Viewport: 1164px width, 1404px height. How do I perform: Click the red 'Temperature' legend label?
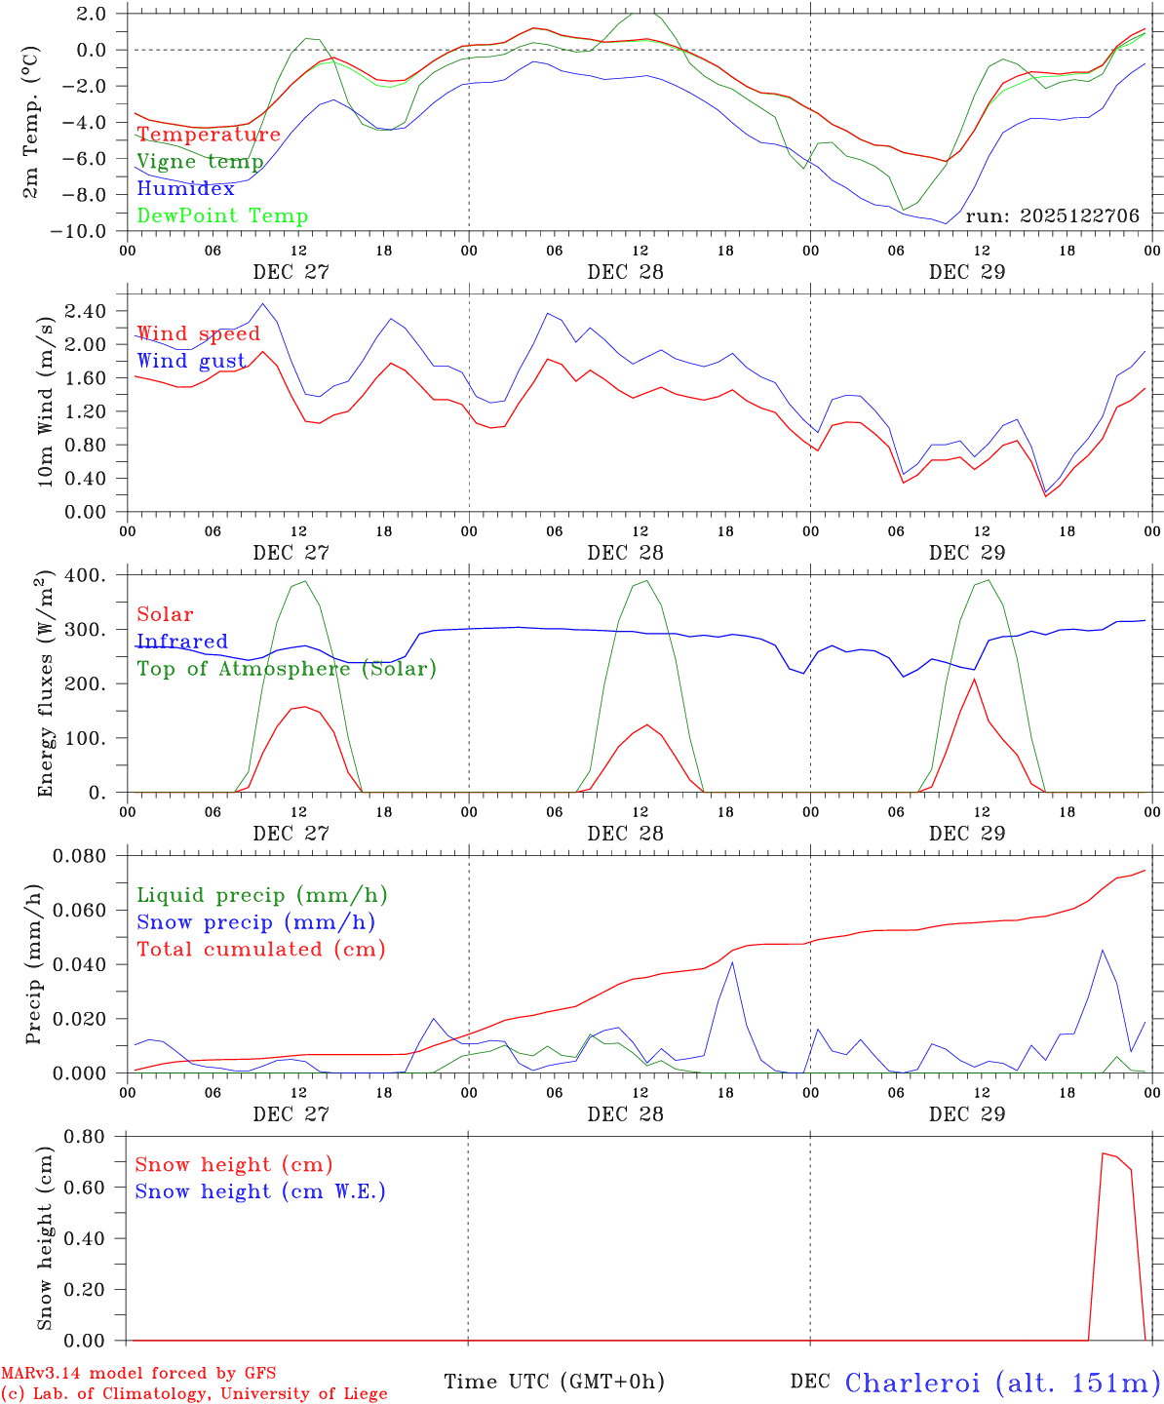[208, 135]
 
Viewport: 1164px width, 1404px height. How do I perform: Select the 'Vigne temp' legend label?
[200, 162]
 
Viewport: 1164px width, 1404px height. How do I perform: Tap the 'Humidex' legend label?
[185, 189]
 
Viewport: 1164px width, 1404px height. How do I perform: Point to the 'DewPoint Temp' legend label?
[222, 216]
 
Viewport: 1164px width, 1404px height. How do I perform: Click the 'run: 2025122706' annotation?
[1052, 216]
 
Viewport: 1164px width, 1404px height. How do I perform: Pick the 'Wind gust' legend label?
[191, 361]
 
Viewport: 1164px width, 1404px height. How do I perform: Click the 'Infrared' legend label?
[181, 642]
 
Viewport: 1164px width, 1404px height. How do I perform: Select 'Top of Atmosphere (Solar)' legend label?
[287, 669]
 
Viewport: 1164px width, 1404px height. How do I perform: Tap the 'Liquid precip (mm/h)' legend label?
[261, 895]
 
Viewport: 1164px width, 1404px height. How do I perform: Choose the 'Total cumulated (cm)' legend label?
[261, 950]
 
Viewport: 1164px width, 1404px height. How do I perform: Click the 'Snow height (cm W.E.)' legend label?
[260, 1191]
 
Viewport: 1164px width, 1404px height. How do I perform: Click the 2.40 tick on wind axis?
[86, 311]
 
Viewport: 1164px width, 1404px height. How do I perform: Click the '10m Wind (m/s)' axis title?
[46, 399]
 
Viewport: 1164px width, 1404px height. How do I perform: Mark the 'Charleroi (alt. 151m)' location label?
[1003, 1383]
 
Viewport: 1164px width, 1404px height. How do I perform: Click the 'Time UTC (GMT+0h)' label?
[554, 1382]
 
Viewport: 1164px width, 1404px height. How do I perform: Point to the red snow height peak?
[1103, 1154]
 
